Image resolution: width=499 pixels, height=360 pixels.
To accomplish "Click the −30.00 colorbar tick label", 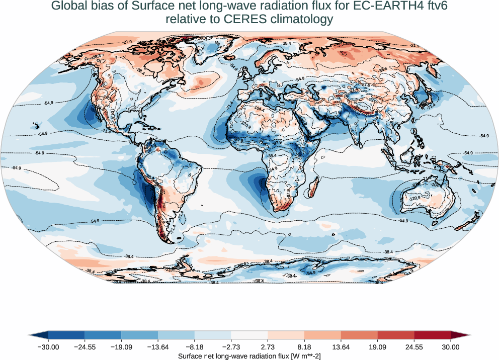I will point(48,346).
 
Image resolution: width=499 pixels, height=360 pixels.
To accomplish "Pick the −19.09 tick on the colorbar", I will point(121,346).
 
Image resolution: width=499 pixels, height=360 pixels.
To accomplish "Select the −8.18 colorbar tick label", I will point(195,346).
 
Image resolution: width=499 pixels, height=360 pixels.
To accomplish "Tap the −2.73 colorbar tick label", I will point(231,346).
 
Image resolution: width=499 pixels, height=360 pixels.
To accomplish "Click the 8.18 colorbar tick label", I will point(304,346).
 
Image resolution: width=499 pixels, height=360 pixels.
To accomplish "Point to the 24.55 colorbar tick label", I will point(414,346).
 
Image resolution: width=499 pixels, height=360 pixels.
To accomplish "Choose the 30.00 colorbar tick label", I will point(451,346).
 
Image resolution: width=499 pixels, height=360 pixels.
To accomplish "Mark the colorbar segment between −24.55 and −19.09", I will point(103,335).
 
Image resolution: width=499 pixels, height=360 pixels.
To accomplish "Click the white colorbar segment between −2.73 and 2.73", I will point(249,335).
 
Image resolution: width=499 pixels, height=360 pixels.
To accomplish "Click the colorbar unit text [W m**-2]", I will point(303,355).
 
